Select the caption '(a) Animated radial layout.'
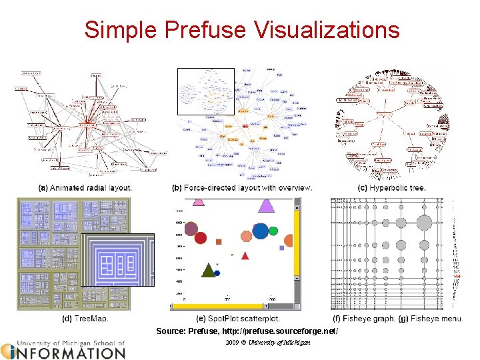tap(85, 188)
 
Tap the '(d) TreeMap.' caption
tap(85, 319)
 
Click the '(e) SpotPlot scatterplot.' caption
tap(237, 319)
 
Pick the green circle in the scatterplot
tap(273, 231)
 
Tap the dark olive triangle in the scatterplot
tap(209, 269)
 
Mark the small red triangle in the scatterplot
tap(245, 255)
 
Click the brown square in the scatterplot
tap(219, 242)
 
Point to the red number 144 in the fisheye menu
tap(457, 276)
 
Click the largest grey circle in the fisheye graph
tap(423, 222)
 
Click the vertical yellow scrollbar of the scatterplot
tap(297, 253)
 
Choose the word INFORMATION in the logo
tap(63, 351)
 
